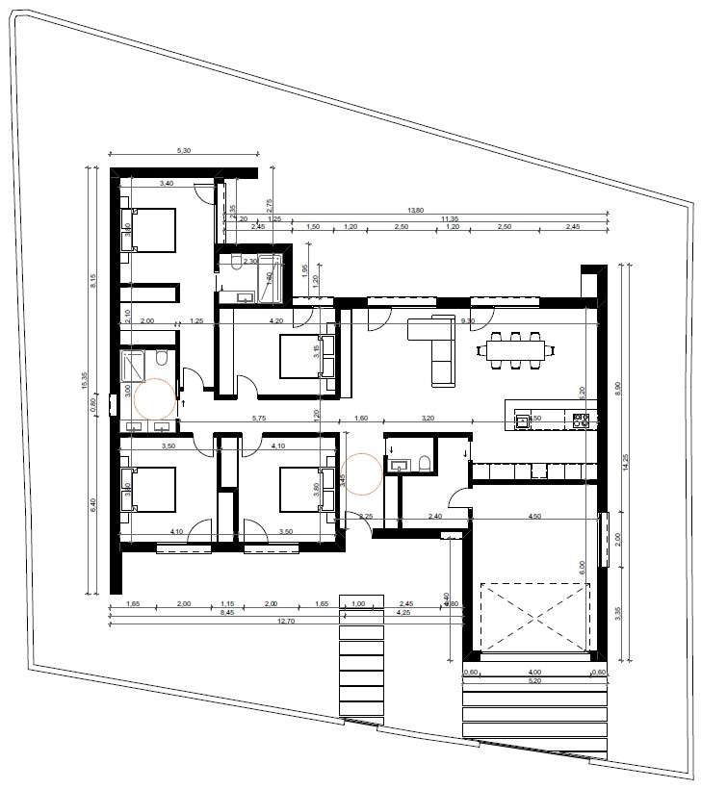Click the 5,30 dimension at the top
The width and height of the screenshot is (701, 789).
[183, 150]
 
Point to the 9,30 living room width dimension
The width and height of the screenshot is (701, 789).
[469, 320]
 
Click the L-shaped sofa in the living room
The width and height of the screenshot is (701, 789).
[436, 347]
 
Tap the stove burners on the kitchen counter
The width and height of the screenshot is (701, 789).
[581, 420]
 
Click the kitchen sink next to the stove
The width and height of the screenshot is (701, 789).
[523, 420]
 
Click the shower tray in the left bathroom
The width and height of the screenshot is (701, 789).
[132, 366]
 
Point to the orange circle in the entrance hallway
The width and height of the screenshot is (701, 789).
[363, 473]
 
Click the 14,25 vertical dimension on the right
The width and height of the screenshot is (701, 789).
[629, 459]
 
